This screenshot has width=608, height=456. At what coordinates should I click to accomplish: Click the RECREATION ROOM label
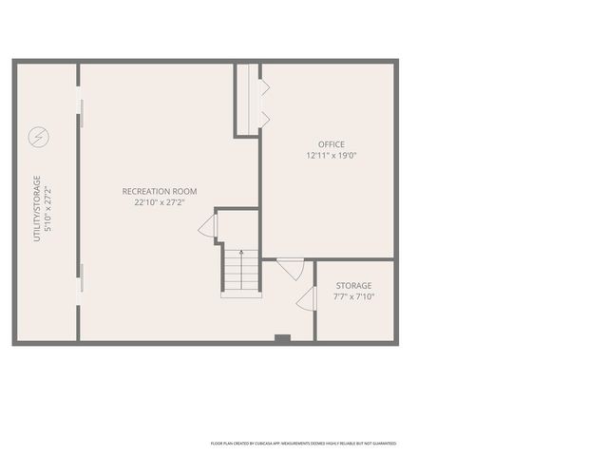159,192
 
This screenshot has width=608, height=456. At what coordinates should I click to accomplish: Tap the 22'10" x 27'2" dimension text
159,202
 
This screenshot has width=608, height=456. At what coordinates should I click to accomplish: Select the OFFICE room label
332,144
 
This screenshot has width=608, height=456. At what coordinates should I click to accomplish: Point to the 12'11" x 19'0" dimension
332,155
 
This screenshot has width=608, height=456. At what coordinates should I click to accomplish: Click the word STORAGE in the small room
353,285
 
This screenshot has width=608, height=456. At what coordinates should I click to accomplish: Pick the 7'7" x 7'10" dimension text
353,296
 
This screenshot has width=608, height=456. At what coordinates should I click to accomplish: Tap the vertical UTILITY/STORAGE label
37,208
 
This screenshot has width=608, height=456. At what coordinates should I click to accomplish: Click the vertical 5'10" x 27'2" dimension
48,208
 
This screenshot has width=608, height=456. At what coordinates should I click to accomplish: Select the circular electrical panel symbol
39,138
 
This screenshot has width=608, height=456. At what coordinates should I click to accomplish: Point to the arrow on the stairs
241,255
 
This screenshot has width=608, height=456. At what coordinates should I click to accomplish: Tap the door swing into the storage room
306,300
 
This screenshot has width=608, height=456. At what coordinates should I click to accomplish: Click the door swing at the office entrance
292,268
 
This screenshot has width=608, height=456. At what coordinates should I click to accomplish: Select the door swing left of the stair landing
208,226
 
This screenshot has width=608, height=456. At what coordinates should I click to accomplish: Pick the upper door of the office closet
265,87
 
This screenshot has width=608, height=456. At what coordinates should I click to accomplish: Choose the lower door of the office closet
265,119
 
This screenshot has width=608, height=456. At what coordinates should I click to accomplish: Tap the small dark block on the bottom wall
281,338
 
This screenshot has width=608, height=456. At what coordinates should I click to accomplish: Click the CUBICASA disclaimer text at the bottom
303,444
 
